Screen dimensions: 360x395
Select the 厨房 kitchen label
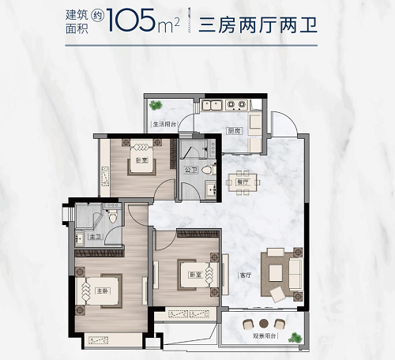click(233, 130)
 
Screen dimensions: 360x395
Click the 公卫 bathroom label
click(190, 169)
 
